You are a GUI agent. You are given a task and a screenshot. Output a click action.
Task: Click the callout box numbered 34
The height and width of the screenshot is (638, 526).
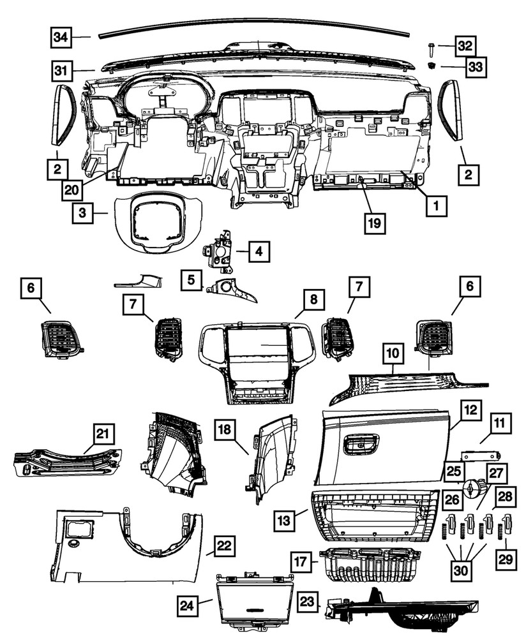click(x=61, y=37)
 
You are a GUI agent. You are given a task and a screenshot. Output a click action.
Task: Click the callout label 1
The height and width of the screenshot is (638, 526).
click(x=436, y=205)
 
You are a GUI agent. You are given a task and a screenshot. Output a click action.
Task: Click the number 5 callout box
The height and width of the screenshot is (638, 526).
click(x=190, y=279)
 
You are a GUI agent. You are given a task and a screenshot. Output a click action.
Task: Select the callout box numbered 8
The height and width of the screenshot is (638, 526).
click(x=313, y=299)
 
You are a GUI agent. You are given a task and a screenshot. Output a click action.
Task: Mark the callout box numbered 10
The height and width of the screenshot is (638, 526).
click(x=393, y=352)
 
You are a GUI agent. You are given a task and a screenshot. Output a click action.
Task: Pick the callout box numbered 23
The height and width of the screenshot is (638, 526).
click(x=308, y=601)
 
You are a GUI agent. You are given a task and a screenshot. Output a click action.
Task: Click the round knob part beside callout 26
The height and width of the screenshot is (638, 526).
click(x=472, y=490)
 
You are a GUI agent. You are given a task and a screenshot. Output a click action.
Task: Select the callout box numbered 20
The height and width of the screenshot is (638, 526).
click(x=73, y=189)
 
